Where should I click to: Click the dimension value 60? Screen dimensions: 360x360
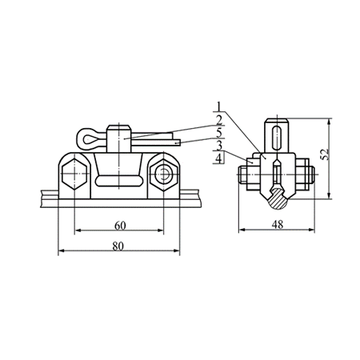coord(120,226)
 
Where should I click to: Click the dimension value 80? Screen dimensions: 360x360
coord(118,246)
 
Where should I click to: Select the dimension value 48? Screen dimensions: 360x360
coord(278,225)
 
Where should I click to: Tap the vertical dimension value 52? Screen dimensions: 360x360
coord(325,154)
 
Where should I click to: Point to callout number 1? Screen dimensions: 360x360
coord(219,106)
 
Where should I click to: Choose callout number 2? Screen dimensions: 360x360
coord(219,120)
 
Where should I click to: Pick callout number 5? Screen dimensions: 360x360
coord(219,133)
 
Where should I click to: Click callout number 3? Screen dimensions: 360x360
coord(219,146)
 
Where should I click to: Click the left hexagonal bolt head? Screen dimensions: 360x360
coord(74,174)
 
